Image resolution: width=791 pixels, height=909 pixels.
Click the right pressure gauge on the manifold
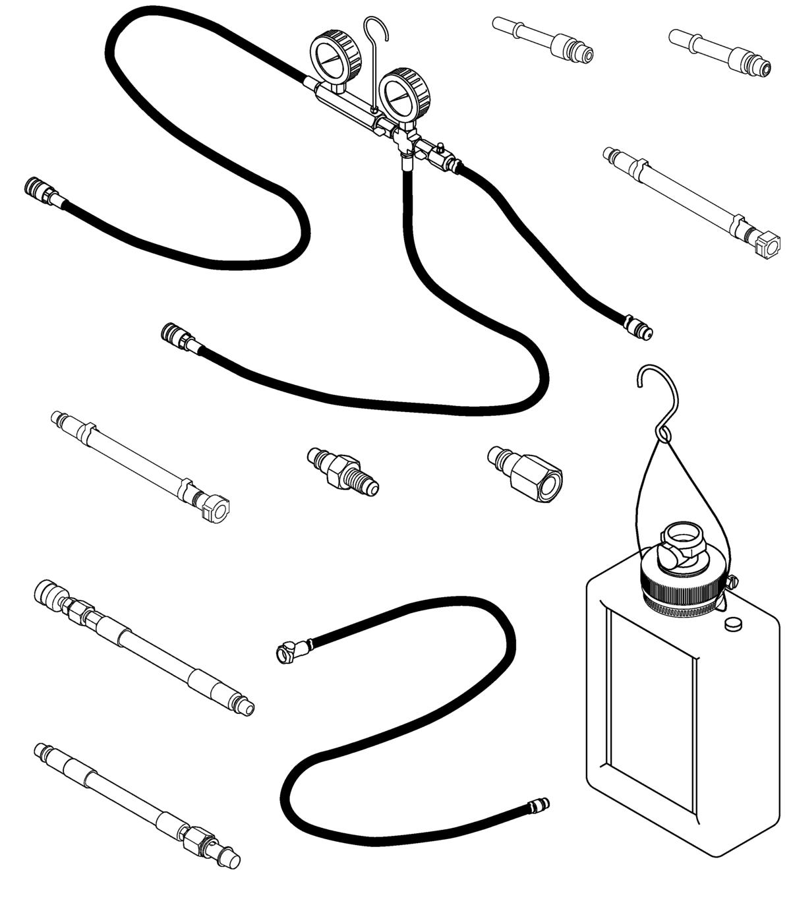[x=404, y=96]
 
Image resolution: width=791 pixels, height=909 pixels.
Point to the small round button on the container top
[x=732, y=624]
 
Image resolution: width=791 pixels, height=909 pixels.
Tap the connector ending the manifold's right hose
[x=638, y=327]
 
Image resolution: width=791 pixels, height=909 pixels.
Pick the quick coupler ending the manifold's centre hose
[x=175, y=334]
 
